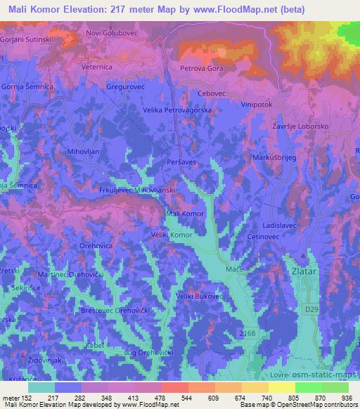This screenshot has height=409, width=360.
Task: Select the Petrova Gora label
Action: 202,69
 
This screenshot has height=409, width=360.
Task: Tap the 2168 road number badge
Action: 247,330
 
